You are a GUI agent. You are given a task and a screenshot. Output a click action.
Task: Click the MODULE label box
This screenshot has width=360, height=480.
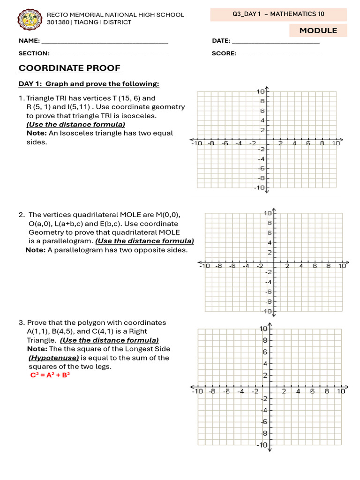[x=318, y=30]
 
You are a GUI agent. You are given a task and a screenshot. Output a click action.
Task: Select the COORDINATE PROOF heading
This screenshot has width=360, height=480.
[x=69, y=68]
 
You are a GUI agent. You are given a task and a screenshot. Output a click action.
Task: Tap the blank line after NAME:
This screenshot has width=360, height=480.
[x=105, y=41]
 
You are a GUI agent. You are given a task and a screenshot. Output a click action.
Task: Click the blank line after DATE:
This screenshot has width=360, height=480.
[x=276, y=41]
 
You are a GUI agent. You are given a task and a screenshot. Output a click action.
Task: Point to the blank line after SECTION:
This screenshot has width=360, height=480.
[x=109, y=53]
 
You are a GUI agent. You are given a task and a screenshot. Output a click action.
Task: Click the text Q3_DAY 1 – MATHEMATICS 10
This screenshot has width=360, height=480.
[x=278, y=14]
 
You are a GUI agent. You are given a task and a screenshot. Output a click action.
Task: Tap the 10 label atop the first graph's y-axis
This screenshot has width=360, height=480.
[x=260, y=91]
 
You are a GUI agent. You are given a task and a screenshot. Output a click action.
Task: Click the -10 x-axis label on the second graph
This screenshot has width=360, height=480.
[x=204, y=266]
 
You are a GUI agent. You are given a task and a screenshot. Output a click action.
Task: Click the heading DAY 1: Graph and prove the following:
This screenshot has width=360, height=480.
[x=89, y=84]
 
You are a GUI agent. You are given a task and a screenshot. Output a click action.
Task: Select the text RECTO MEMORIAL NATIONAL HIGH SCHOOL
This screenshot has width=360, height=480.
[x=115, y=15]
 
